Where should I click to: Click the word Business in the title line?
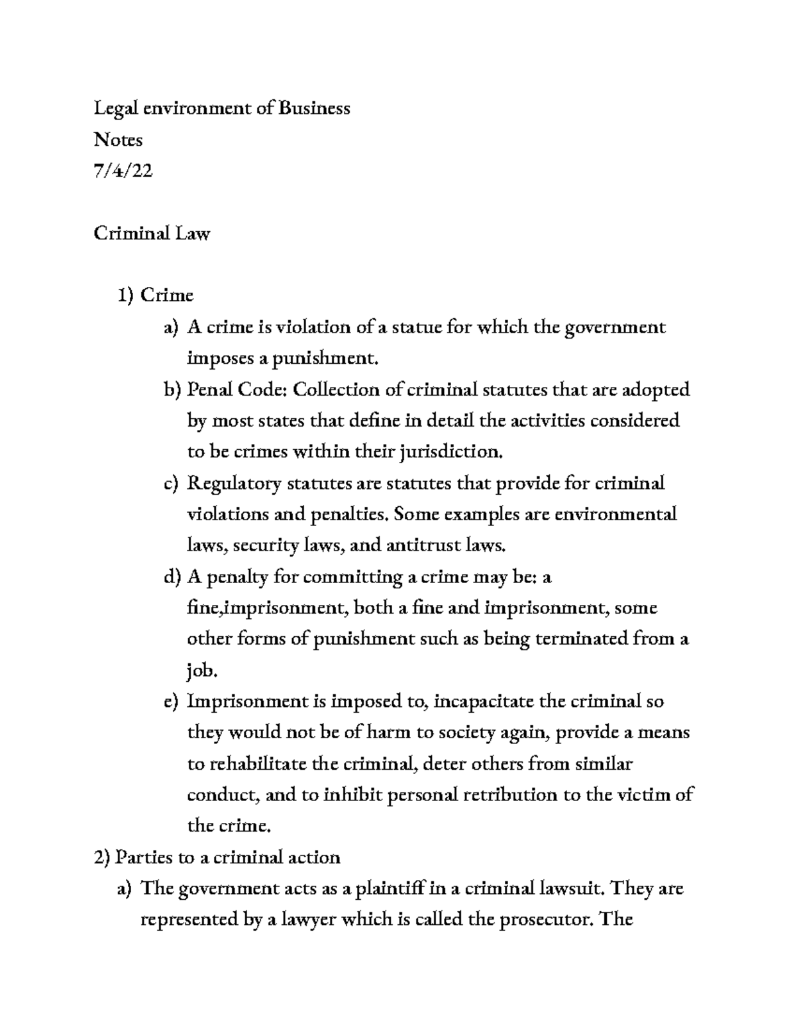[x=314, y=108]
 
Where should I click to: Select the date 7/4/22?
[x=123, y=171]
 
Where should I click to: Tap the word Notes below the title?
[x=118, y=140]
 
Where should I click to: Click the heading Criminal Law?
[x=152, y=233]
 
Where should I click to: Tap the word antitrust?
[x=423, y=546]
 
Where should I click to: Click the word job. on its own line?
[x=202, y=671]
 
